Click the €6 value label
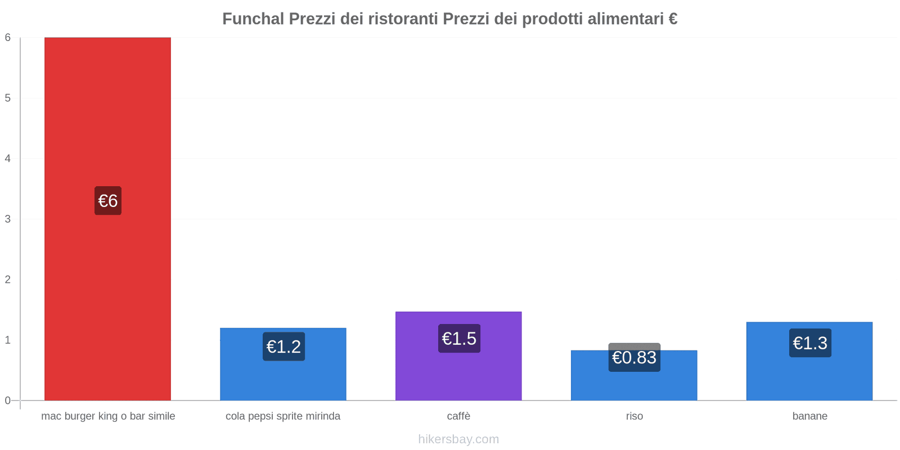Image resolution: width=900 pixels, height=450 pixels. click(108, 201)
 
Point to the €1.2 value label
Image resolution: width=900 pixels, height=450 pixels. click(283, 346)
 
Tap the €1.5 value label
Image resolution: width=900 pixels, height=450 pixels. click(459, 339)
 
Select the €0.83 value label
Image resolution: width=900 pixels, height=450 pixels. click(634, 358)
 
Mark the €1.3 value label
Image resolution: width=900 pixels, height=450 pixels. click(810, 343)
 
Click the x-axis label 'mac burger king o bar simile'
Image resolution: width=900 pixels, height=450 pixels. click(108, 416)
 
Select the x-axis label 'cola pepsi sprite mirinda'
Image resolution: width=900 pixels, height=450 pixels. click(283, 416)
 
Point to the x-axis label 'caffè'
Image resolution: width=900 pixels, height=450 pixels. click(458, 416)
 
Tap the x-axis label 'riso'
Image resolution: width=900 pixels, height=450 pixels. click(634, 416)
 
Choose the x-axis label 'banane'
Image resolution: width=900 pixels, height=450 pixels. click(809, 416)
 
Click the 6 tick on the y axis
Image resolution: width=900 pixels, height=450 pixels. click(8, 38)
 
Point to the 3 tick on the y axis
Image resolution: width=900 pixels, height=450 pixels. click(8, 219)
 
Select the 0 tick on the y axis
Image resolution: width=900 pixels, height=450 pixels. click(8, 400)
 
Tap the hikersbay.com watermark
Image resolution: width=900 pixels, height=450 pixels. click(458, 439)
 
